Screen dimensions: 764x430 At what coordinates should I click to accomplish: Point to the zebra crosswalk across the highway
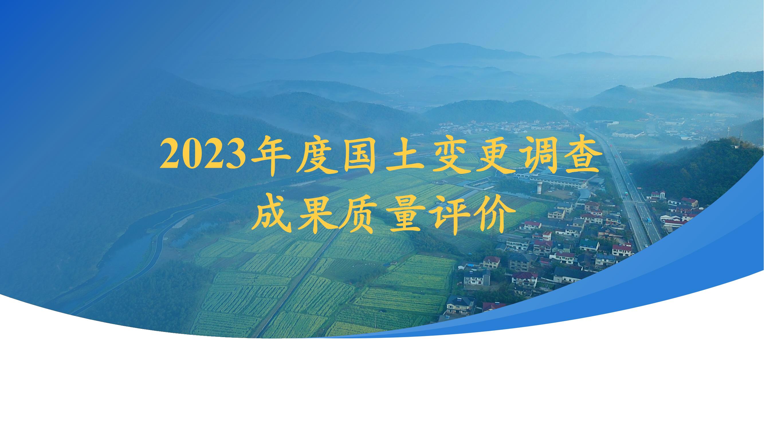pyautogui.click(x=635, y=202)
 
